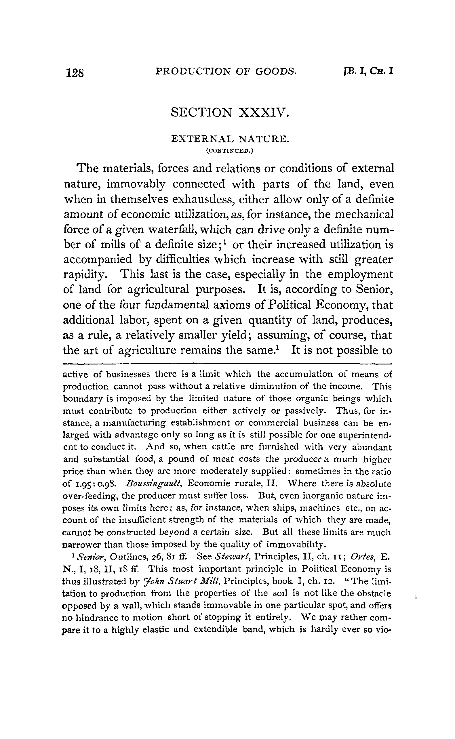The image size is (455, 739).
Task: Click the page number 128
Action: (75, 73)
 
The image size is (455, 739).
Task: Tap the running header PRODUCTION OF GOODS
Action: (226, 72)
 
